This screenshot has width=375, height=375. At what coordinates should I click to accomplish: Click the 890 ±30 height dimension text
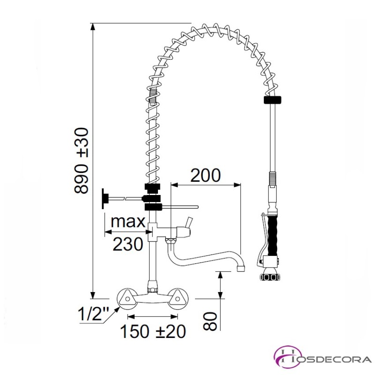(x=82, y=161)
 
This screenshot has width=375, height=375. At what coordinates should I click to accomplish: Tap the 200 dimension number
(x=205, y=175)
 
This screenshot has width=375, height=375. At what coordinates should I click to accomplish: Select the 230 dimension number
(x=128, y=244)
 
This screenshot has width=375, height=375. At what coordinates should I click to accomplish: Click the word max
(x=128, y=222)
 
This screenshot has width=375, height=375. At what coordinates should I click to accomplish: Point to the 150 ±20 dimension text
(x=153, y=331)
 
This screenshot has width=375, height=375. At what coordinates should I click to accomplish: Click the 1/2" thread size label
(x=93, y=314)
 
